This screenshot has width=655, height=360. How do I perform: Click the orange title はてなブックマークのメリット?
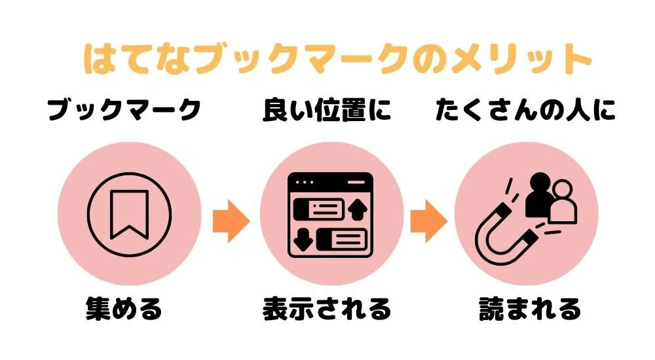pos(337,60)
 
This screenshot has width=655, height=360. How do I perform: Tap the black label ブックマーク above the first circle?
pos(124,110)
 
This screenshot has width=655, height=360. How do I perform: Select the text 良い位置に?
pos(327,110)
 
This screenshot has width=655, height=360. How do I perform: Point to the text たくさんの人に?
pos(525,110)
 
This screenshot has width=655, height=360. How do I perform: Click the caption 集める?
pos(124,309)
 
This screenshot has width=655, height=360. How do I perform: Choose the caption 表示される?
pos(327,309)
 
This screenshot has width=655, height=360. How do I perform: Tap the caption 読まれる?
pos(530,309)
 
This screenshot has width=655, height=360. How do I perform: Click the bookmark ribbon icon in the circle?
pos(129,215)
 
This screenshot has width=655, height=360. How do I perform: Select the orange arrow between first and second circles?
pos(231,221)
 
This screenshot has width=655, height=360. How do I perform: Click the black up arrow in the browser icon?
pos(358,209)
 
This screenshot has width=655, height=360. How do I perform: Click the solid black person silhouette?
pos(540,194)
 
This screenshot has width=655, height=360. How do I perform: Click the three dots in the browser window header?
pos(304,182)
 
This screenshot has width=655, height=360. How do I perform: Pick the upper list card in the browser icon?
pos(319,209)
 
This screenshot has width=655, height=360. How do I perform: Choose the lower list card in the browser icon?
pos(343,240)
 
